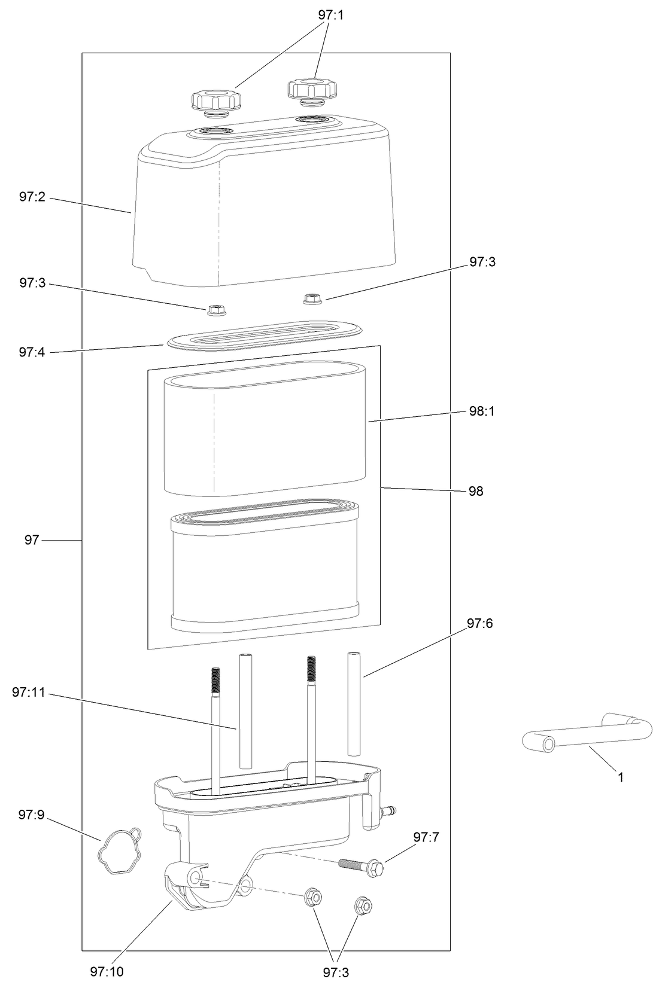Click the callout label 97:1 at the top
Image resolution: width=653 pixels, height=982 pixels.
point(331,16)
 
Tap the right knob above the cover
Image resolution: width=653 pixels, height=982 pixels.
point(312,90)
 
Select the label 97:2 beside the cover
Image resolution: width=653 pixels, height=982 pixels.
point(32,197)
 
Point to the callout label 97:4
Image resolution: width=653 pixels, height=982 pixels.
point(32,352)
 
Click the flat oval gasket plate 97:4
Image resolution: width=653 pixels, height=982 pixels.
point(265,335)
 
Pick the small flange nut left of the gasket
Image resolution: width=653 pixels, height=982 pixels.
point(215,310)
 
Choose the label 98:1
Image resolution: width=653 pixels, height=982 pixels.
point(482,411)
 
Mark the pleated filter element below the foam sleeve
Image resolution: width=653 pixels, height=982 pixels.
point(265,565)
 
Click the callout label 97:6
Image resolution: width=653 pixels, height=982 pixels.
point(480,624)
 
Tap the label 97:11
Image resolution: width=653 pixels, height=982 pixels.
point(28,693)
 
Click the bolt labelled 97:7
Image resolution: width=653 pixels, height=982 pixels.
point(362,866)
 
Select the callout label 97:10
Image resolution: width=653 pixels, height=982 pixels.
point(107,972)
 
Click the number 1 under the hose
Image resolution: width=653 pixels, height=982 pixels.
point(621,777)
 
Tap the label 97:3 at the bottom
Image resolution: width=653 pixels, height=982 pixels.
point(336,972)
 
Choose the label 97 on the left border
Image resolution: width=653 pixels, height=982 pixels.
point(32,540)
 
